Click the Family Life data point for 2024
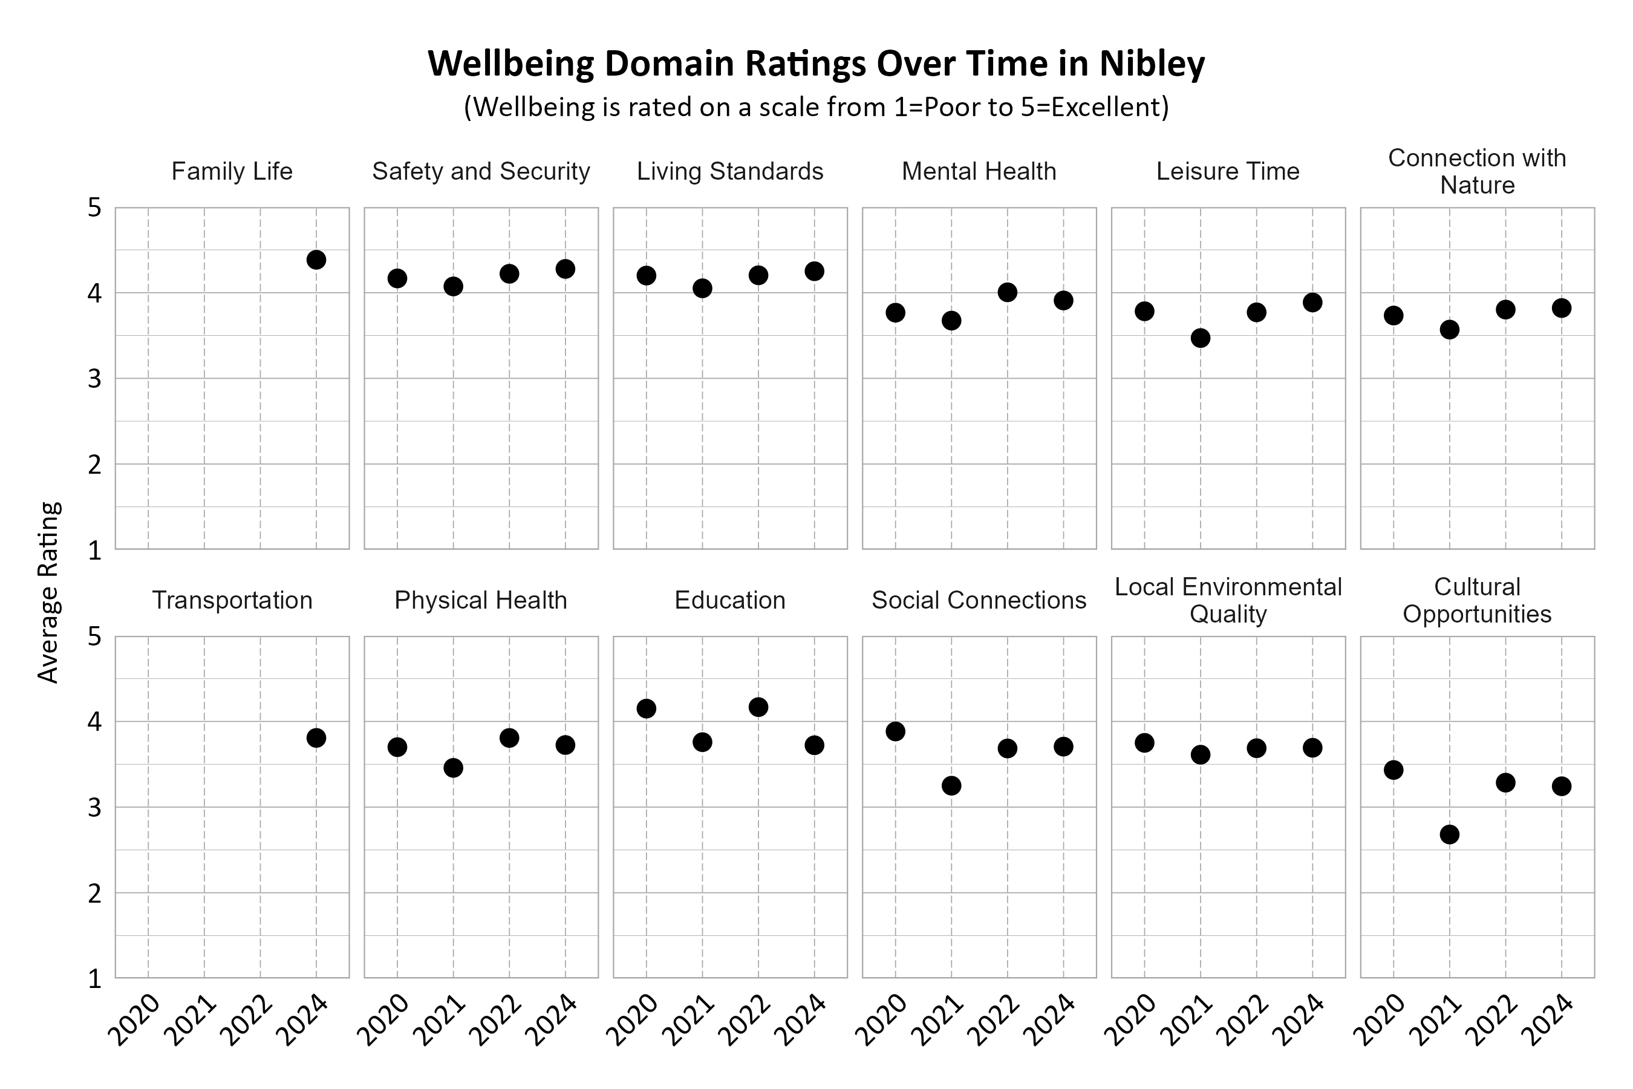316,260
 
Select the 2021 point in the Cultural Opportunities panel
1449,834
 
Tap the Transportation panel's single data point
316,737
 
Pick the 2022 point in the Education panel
758,707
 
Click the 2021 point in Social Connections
951,785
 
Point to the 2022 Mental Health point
1008,292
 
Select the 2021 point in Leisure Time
1201,338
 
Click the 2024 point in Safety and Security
565,269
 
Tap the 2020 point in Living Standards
647,276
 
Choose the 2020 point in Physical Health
397,747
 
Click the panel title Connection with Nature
1477,172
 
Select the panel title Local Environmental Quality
1228,600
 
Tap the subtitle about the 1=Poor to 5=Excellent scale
816,108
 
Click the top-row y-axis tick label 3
95,379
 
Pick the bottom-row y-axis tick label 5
95,637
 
